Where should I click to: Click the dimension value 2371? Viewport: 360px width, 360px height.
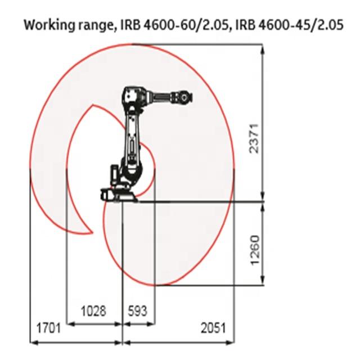point(254,138)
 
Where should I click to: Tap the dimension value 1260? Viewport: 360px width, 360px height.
point(255,250)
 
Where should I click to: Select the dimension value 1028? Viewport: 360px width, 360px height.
point(93,311)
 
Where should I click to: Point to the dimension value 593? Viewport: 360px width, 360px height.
point(137,311)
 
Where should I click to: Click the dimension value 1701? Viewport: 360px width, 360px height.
point(49,328)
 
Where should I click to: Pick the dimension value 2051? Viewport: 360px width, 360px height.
point(214,328)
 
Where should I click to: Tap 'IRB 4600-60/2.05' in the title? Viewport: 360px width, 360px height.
point(174,25)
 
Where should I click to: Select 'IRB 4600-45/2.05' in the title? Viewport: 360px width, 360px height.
point(290,25)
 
